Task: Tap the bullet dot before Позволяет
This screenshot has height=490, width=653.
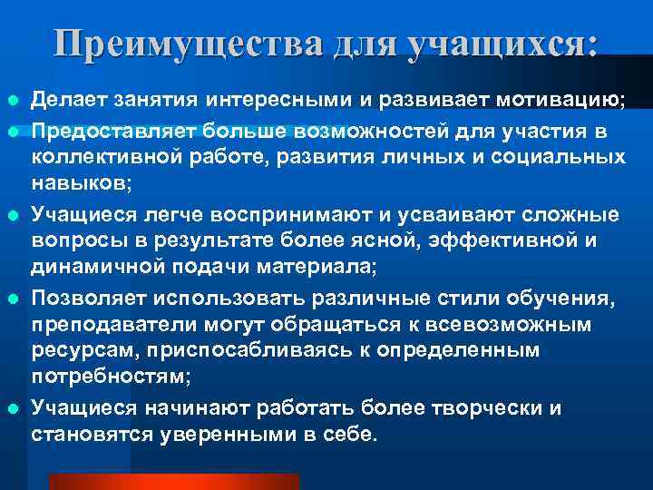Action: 10,299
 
